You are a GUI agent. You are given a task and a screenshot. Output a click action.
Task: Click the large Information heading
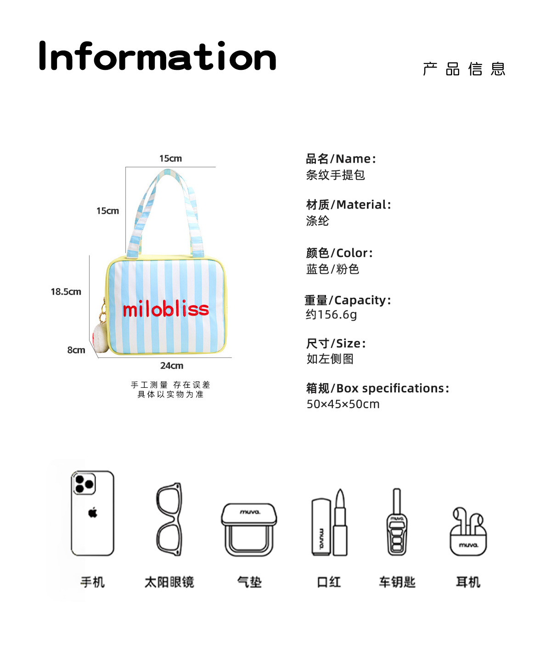157,57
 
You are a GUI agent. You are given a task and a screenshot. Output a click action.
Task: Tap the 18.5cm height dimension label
66,292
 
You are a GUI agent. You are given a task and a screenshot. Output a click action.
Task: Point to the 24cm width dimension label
172,366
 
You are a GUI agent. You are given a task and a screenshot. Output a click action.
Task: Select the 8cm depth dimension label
76,350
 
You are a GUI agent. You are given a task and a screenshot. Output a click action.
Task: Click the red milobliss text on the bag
166,309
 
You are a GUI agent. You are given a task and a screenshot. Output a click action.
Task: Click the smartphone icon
92,513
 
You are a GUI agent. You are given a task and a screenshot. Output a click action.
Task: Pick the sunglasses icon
169,519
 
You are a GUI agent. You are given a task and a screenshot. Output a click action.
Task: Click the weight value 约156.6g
331,315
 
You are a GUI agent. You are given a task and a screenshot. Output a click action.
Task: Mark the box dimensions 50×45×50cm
343,404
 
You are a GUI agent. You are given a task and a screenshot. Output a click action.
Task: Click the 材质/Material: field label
349,205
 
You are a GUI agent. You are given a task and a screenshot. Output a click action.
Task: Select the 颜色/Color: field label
339,253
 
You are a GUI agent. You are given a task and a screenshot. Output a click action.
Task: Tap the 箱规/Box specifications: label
377,389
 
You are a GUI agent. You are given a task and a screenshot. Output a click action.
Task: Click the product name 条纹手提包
335,175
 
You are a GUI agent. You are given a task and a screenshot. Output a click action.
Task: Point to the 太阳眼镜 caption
169,582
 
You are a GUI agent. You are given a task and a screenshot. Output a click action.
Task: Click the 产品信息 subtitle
464,69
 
